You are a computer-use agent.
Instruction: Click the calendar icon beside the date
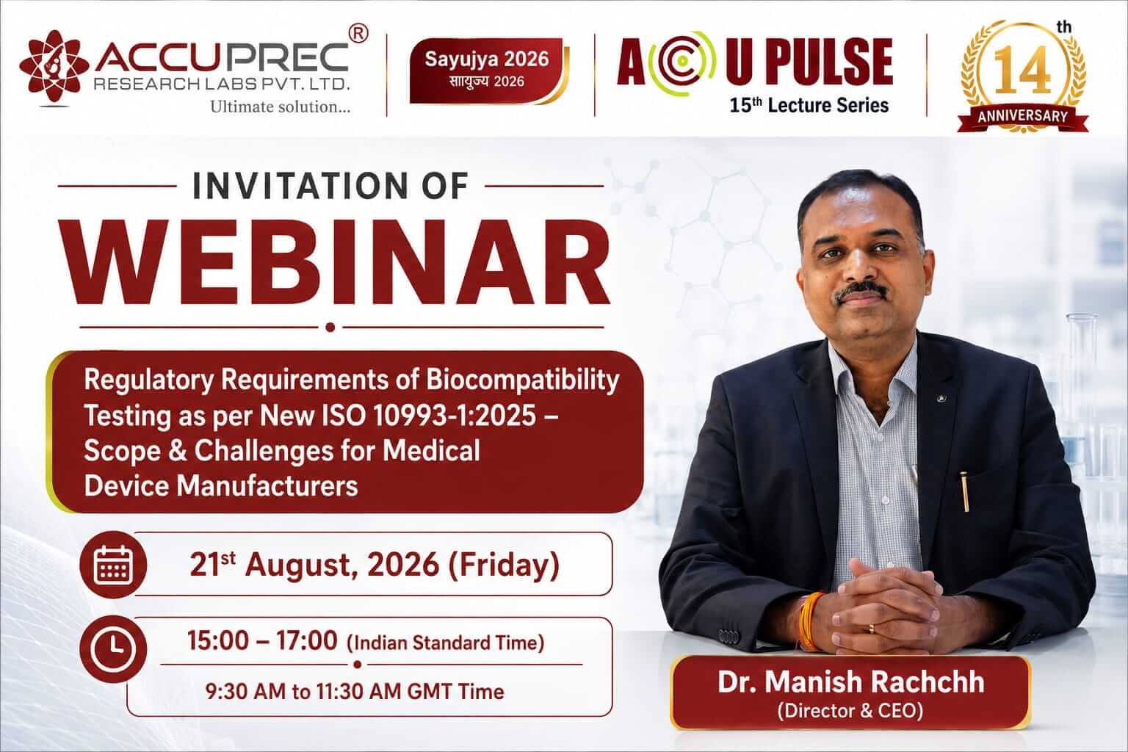click(113, 564)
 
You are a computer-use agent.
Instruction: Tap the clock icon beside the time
click(113, 648)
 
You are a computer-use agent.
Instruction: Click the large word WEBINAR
click(334, 262)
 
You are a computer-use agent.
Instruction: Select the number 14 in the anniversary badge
click(1023, 70)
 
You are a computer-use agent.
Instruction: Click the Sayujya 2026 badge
click(487, 70)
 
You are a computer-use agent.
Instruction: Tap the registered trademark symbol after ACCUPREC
click(358, 34)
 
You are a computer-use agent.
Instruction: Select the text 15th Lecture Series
click(809, 105)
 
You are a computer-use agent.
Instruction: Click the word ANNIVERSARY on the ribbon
click(1023, 116)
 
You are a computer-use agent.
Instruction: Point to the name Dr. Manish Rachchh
click(850, 682)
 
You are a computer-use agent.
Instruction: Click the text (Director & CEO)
click(850, 711)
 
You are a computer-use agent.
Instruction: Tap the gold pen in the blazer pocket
click(964, 492)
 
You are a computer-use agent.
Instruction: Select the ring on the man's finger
click(871, 628)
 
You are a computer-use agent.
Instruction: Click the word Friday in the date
click(503, 565)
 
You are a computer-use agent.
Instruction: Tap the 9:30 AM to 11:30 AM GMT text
click(355, 692)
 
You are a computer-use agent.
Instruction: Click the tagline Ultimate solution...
click(280, 106)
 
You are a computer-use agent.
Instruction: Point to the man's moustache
click(861, 291)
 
